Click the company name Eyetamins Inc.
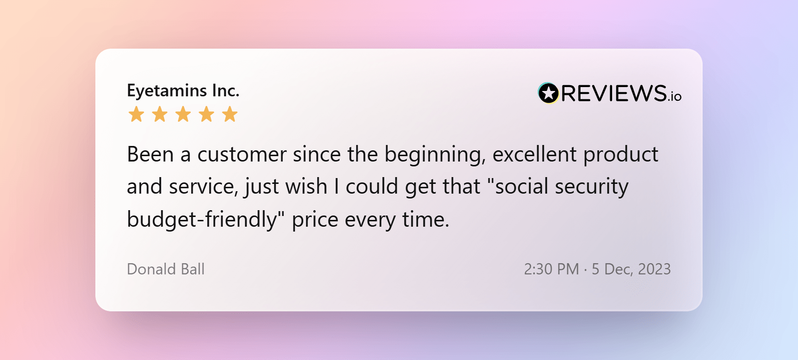(x=183, y=91)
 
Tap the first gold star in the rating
(x=136, y=114)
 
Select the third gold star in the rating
(x=183, y=114)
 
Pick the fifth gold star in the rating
(x=230, y=114)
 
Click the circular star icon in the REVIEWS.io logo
(x=548, y=93)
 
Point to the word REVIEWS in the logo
(x=614, y=93)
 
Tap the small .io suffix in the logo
(x=674, y=96)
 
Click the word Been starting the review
(x=150, y=154)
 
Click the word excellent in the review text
(x=534, y=154)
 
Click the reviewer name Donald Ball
(x=165, y=269)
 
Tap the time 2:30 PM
(x=551, y=269)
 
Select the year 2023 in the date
(x=654, y=269)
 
